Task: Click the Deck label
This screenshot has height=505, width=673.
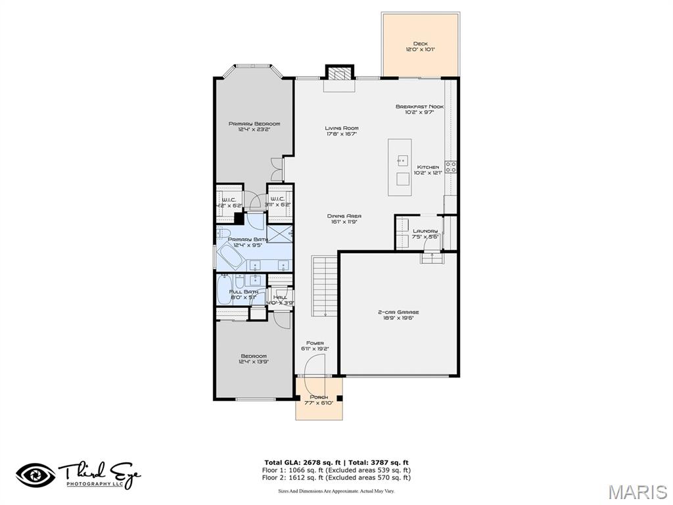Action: (x=420, y=47)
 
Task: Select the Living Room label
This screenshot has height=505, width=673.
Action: (x=341, y=131)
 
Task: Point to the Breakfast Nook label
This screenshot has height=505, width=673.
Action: (x=419, y=109)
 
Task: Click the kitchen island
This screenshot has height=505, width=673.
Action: (x=402, y=167)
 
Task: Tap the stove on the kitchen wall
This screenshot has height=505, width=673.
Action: (x=451, y=167)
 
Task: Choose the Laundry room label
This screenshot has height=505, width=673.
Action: (x=425, y=233)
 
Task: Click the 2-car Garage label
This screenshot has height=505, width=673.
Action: (x=398, y=315)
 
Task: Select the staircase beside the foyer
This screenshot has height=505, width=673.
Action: (x=324, y=286)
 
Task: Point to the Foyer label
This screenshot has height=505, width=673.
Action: (x=315, y=346)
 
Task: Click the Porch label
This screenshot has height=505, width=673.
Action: (x=319, y=400)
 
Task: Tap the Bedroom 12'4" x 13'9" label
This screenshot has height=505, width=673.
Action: (x=253, y=358)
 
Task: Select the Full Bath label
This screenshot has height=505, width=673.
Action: (x=243, y=295)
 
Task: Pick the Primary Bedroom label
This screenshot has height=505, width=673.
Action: (x=254, y=126)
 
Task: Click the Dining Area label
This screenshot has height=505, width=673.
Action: (x=344, y=219)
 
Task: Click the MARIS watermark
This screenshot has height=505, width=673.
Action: (x=638, y=492)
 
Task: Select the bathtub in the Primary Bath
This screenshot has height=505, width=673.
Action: (x=233, y=256)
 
